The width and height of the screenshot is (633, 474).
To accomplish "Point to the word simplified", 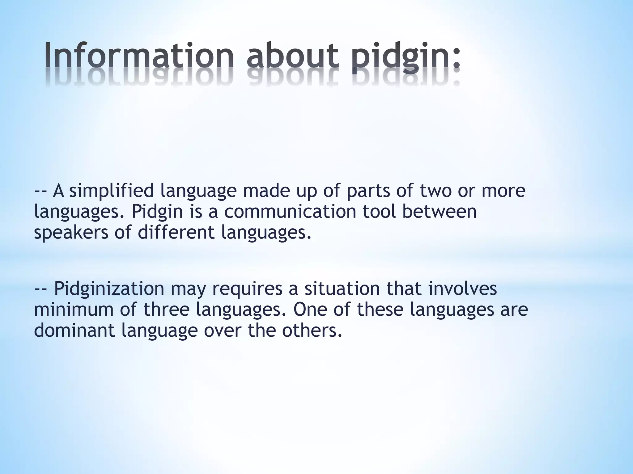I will [x=111, y=191].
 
